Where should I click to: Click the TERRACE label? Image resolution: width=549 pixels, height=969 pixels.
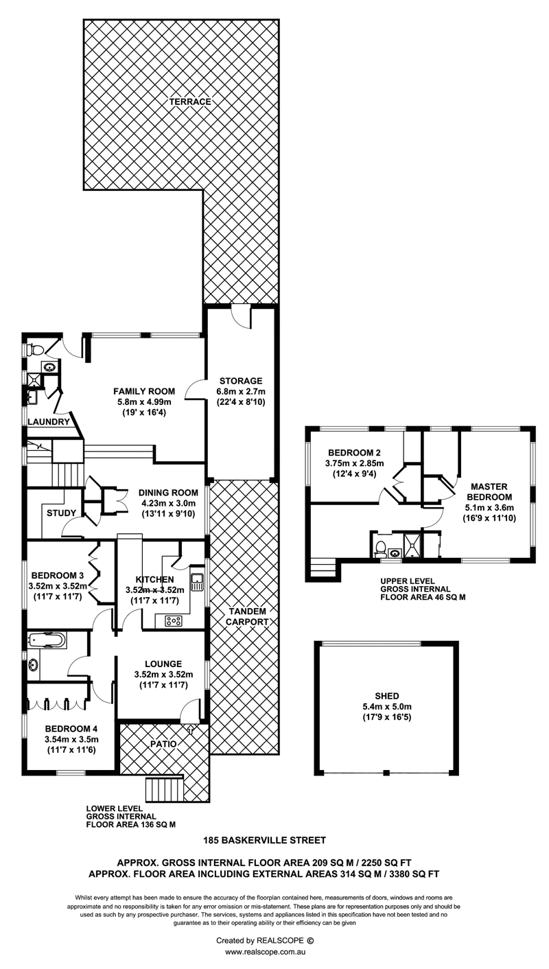pyautogui.click(x=190, y=102)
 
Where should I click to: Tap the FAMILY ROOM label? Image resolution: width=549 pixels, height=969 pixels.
pyautogui.click(x=144, y=391)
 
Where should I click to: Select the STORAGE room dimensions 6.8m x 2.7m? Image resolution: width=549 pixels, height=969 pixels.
pyautogui.click(x=241, y=391)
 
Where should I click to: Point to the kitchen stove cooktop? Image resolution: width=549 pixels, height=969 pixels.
pyautogui.click(x=174, y=621)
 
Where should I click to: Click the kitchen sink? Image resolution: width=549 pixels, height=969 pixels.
pyautogui.click(x=197, y=581)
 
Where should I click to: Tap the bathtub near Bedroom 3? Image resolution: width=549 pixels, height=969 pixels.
pyautogui.click(x=46, y=640)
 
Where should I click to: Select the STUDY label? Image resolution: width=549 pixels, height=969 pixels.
pyautogui.click(x=62, y=513)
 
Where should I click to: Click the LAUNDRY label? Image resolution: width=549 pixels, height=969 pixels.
pyautogui.click(x=49, y=422)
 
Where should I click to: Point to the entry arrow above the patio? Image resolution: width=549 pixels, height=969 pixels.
pyautogui.click(x=191, y=729)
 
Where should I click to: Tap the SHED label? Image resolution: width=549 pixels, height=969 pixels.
pyautogui.click(x=387, y=696)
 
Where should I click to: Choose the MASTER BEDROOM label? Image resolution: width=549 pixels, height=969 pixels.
pyautogui.click(x=489, y=492)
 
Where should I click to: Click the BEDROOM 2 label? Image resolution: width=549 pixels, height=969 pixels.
pyautogui.click(x=354, y=453)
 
